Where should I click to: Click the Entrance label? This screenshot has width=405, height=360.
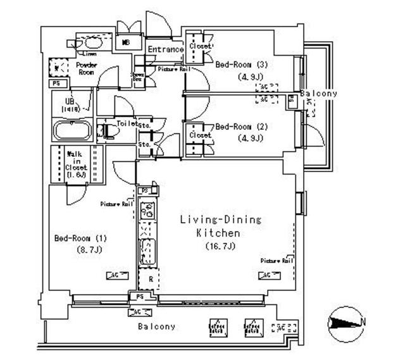pyautogui.click(x=166, y=49)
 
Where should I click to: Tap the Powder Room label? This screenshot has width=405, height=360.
pyautogui.click(x=85, y=69)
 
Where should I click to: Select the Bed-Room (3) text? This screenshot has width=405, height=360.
pyautogui.click(x=237, y=65)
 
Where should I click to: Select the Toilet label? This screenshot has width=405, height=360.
pyautogui.click(x=127, y=124)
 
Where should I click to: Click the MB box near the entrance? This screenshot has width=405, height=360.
pyautogui.click(x=127, y=42)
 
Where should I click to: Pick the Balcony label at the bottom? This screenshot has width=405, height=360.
pyautogui.click(x=156, y=326)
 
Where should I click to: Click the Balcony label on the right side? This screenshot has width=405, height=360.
pyautogui.click(x=318, y=94)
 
